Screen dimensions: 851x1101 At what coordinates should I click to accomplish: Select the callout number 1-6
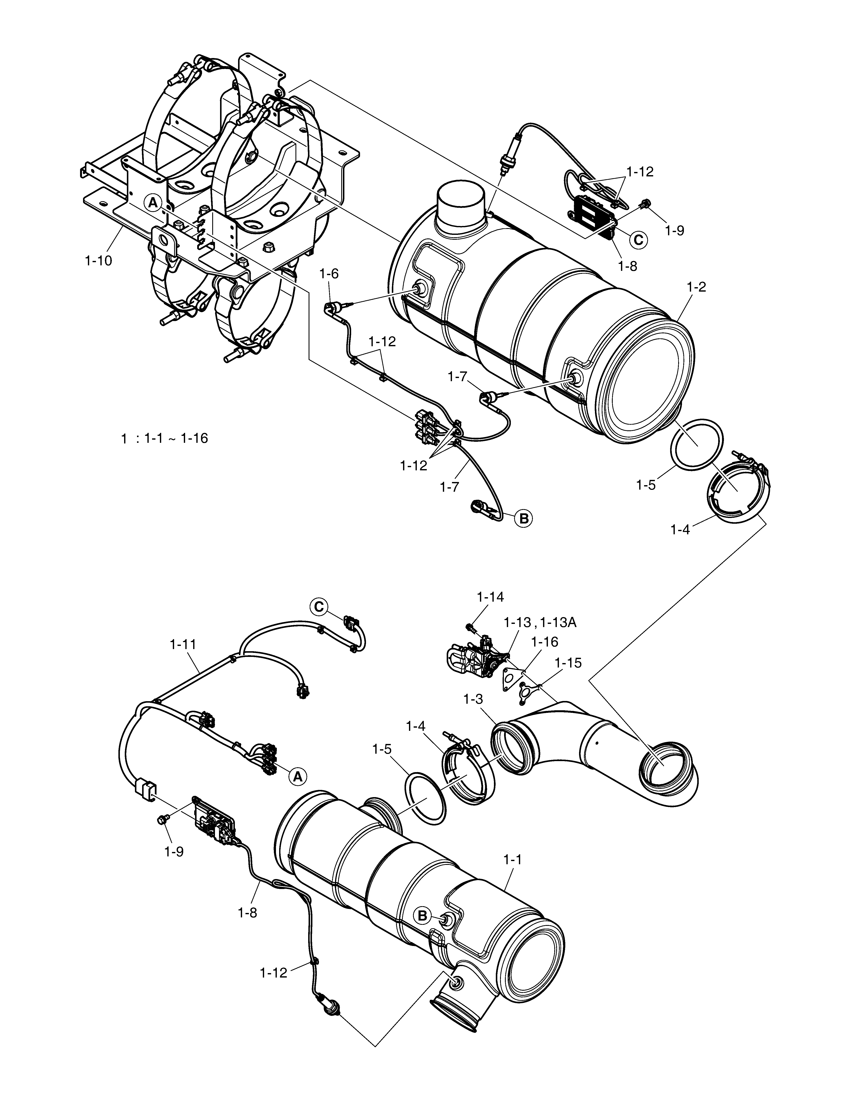tap(329, 274)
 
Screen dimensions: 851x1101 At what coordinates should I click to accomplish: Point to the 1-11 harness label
tap(183, 644)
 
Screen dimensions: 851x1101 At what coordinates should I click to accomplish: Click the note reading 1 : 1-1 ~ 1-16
tap(164, 439)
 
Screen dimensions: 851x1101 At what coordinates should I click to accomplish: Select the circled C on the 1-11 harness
tap(319, 607)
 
